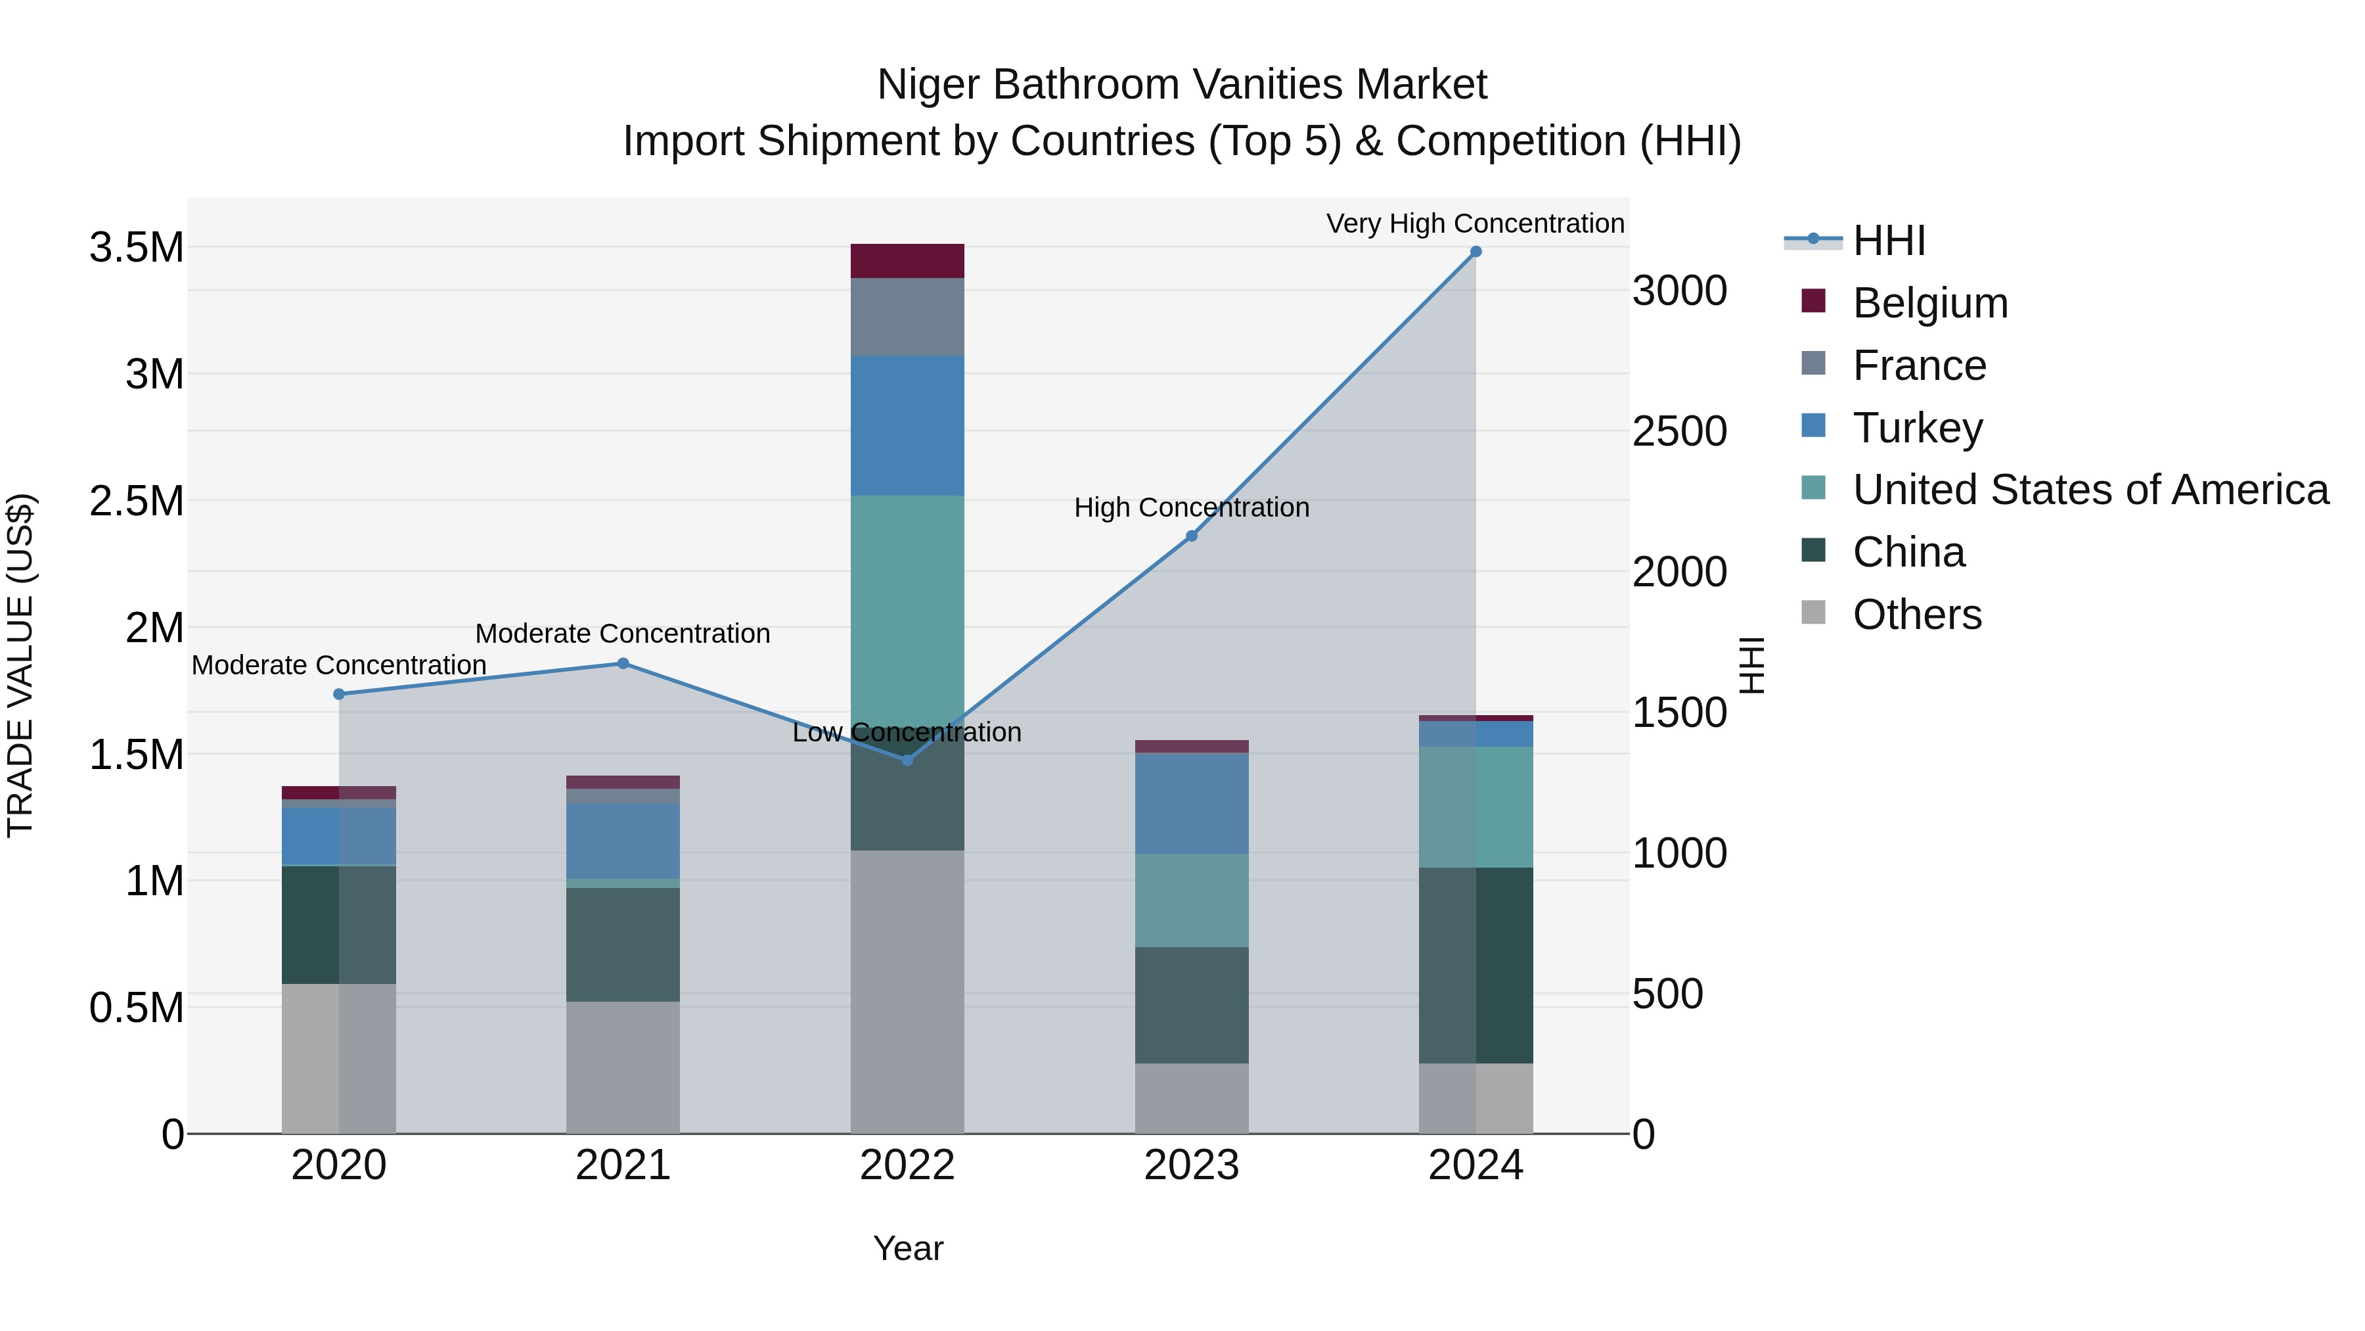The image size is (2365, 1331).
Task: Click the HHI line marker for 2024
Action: click(x=1475, y=252)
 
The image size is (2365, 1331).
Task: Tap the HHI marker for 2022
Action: click(x=907, y=760)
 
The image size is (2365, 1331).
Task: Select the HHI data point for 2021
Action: click(x=623, y=663)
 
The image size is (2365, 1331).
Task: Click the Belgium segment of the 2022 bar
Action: click(x=907, y=261)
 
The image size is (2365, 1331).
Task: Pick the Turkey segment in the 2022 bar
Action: click(x=907, y=425)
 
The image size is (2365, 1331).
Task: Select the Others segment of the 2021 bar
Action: click(x=623, y=1067)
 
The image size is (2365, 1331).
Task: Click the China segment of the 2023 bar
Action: click(x=1192, y=1005)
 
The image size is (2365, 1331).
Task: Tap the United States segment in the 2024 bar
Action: click(x=1475, y=806)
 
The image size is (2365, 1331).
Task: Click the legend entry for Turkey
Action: click(x=1917, y=428)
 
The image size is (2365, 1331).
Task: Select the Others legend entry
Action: click(x=1916, y=615)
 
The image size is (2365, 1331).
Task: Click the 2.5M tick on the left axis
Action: click(x=136, y=502)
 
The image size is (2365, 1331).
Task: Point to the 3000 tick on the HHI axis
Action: click(x=1679, y=291)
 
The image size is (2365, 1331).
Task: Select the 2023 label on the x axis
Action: click(x=1191, y=1165)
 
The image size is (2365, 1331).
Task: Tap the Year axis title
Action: click(x=907, y=1248)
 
